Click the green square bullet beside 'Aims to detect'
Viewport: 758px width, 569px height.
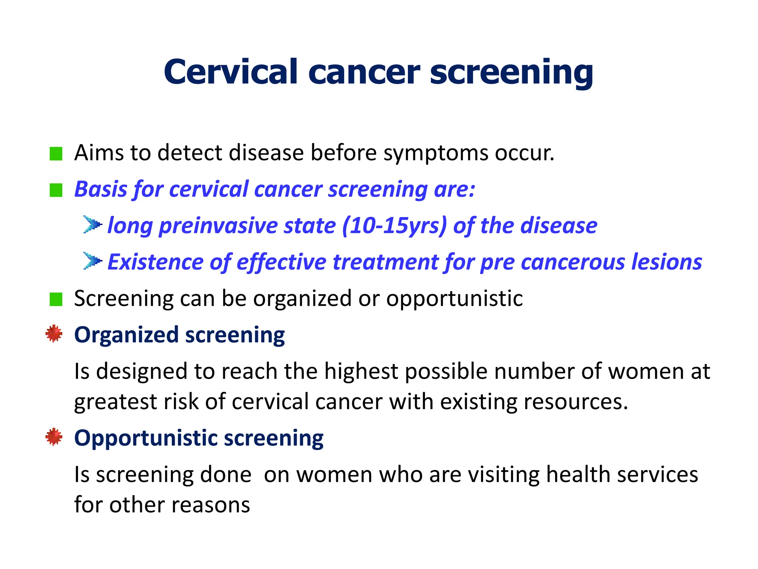[x=56, y=153]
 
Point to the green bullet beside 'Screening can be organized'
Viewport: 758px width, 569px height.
[x=56, y=299]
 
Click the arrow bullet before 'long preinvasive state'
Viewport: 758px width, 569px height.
[x=92, y=224]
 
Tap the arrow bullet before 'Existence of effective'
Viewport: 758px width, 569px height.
[x=92, y=261]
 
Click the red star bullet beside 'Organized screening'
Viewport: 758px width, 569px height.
[x=54, y=334]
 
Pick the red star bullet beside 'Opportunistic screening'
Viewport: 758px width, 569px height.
[x=54, y=437]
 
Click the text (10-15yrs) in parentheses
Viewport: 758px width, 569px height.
[x=394, y=226]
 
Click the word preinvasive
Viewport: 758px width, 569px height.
[x=218, y=226]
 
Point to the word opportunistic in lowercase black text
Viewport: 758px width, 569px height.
[x=454, y=299]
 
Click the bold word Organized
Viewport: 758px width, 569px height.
[x=126, y=335]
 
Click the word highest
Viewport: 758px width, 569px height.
[x=360, y=371]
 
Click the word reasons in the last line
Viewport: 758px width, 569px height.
[x=209, y=505]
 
